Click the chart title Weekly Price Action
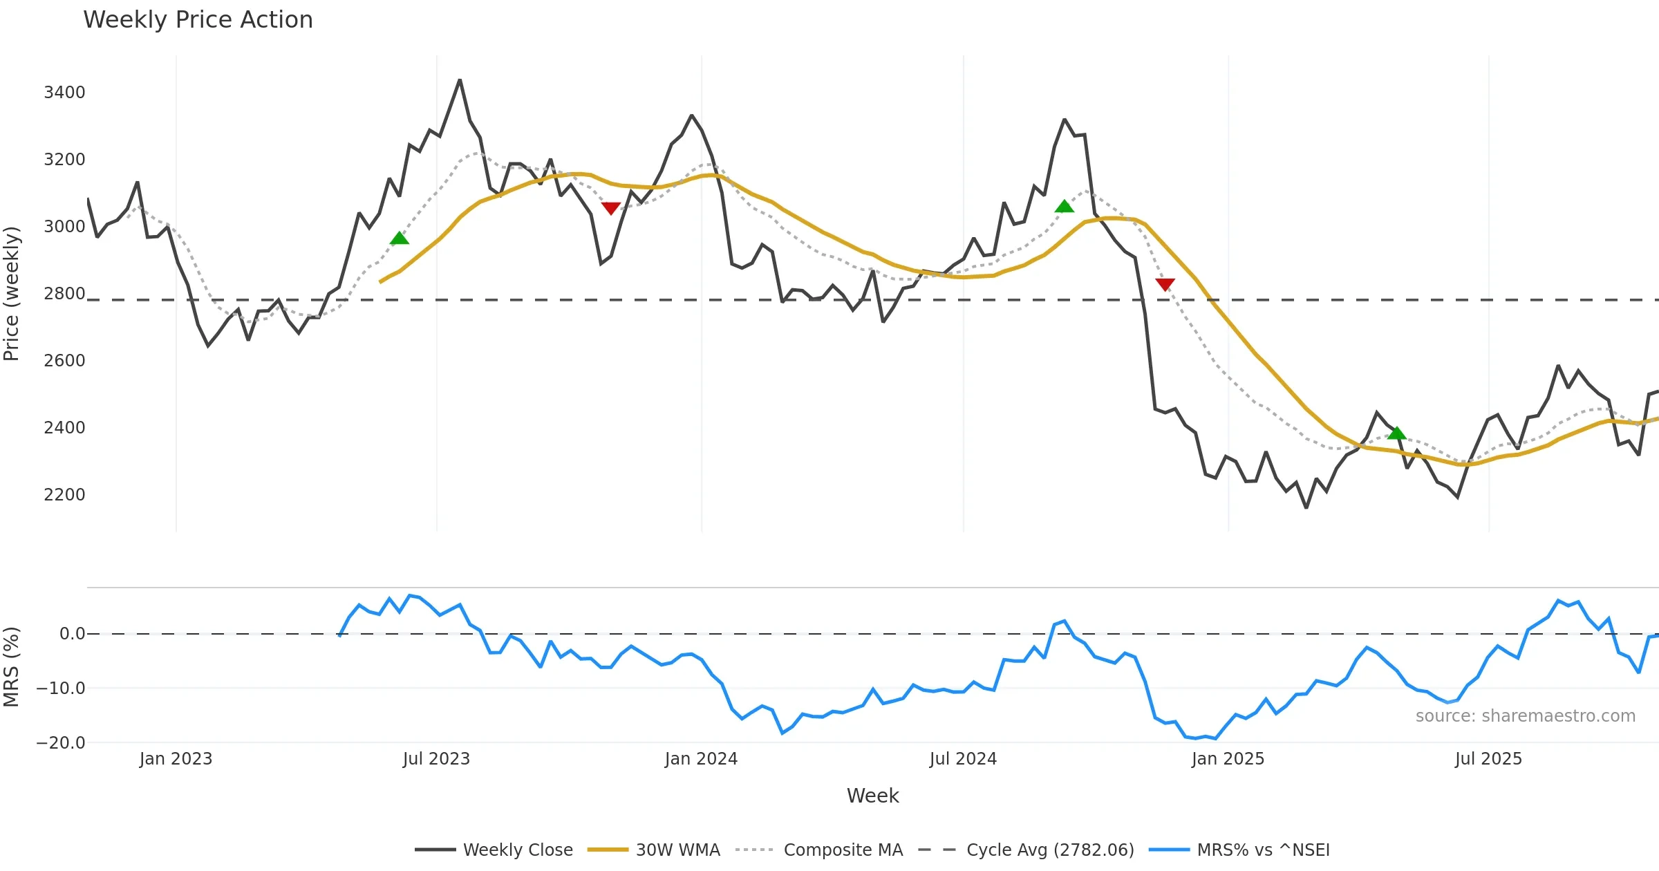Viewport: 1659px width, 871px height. coord(198,20)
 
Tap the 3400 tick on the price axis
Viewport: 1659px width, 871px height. coord(64,93)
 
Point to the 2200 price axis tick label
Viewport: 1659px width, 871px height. coord(64,495)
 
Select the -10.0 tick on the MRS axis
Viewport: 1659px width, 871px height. coord(61,689)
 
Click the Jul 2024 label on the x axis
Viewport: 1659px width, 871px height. coord(963,759)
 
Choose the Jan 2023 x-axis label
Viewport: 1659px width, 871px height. coord(176,759)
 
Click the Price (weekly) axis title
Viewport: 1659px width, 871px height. coord(12,294)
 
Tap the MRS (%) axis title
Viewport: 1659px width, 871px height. coord(12,667)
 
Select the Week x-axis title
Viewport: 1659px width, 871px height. coord(872,796)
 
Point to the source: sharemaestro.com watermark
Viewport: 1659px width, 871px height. coord(1525,716)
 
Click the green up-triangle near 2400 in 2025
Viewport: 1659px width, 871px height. coord(1396,433)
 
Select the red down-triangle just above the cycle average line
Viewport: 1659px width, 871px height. coord(1165,284)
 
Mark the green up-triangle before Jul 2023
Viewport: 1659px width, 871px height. coord(400,238)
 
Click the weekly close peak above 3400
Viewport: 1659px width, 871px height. coord(460,80)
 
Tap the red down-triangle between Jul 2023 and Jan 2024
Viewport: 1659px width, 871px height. coord(610,208)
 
